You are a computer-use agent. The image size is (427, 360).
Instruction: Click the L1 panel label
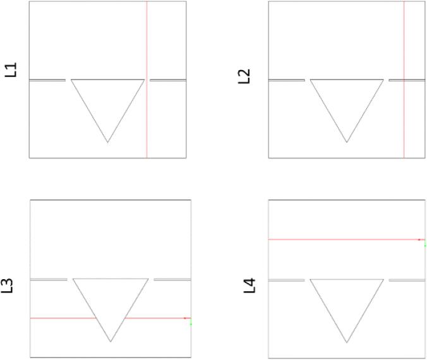11,69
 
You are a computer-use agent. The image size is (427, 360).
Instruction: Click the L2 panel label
244,76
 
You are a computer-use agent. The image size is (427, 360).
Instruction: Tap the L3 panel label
7,285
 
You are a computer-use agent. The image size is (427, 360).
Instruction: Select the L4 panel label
249,285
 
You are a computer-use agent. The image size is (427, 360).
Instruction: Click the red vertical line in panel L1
147,80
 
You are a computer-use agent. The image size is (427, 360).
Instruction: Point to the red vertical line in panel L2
404,80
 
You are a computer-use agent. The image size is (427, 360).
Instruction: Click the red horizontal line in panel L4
346,239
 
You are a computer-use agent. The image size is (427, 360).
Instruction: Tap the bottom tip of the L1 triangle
107,142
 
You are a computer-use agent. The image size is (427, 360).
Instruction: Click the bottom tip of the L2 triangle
347,142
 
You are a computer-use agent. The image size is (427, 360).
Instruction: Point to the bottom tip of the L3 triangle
111,342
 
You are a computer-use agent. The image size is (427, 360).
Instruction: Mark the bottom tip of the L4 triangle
347,342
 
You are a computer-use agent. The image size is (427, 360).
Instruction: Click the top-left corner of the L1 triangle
71,80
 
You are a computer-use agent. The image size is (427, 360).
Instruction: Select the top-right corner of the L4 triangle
383,279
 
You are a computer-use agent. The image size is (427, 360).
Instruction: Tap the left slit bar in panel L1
47,80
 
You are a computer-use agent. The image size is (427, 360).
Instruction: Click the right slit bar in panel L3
172,280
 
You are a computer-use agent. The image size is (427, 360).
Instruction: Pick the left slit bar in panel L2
287,80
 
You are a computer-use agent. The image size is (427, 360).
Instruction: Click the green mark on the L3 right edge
191,323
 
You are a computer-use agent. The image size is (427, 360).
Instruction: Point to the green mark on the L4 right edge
425,245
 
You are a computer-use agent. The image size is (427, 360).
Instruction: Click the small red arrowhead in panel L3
185,318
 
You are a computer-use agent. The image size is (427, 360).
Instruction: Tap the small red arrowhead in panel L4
419,239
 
